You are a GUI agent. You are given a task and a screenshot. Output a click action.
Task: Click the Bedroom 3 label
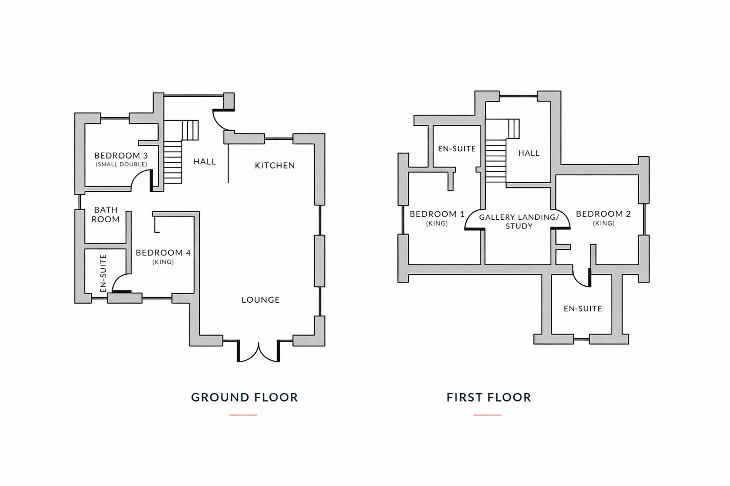pyautogui.click(x=121, y=159)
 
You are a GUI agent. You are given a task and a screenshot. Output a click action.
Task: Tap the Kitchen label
pyautogui.click(x=275, y=165)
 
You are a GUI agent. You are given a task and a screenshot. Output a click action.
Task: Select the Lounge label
pyautogui.click(x=261, y=299)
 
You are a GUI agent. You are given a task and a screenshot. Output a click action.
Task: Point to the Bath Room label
pyautogui.click(x=106, y=215)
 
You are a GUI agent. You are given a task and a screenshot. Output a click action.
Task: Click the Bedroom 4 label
pyautogui.click(x=163, y=256)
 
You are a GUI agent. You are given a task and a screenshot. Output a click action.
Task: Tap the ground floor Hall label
pyautogui.click(x=205, y=161)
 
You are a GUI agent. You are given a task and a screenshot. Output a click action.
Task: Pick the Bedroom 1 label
pyautogui.click(x=437, y=218)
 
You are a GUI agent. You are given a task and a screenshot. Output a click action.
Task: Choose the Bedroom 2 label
pyautogui.click(x=603, y=218)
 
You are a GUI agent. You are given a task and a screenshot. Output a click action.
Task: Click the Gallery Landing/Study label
pyautogui.click(x=519, y=221)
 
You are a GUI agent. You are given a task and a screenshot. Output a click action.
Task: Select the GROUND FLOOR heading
pyautogui.click(x=244, y=397)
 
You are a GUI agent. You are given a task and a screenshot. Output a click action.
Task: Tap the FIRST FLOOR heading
pyautogui.click(x=489, y=397)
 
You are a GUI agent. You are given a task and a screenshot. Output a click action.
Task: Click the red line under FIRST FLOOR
pyautogui.click(x=488, y=415)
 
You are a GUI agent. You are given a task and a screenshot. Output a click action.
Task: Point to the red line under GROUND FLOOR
pyautogui.click(x=243, y=415)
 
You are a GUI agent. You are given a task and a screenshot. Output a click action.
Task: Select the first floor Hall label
pyautogui.click(x=529, y=153)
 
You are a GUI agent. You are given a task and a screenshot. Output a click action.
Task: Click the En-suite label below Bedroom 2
pyautogui.click(x=583, y=308)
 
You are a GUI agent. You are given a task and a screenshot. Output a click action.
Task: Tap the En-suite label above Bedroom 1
pyautogui.click(x=457, y=149)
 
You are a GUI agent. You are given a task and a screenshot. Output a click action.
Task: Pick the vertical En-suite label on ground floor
pyautogui.click(x=103, y=273)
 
